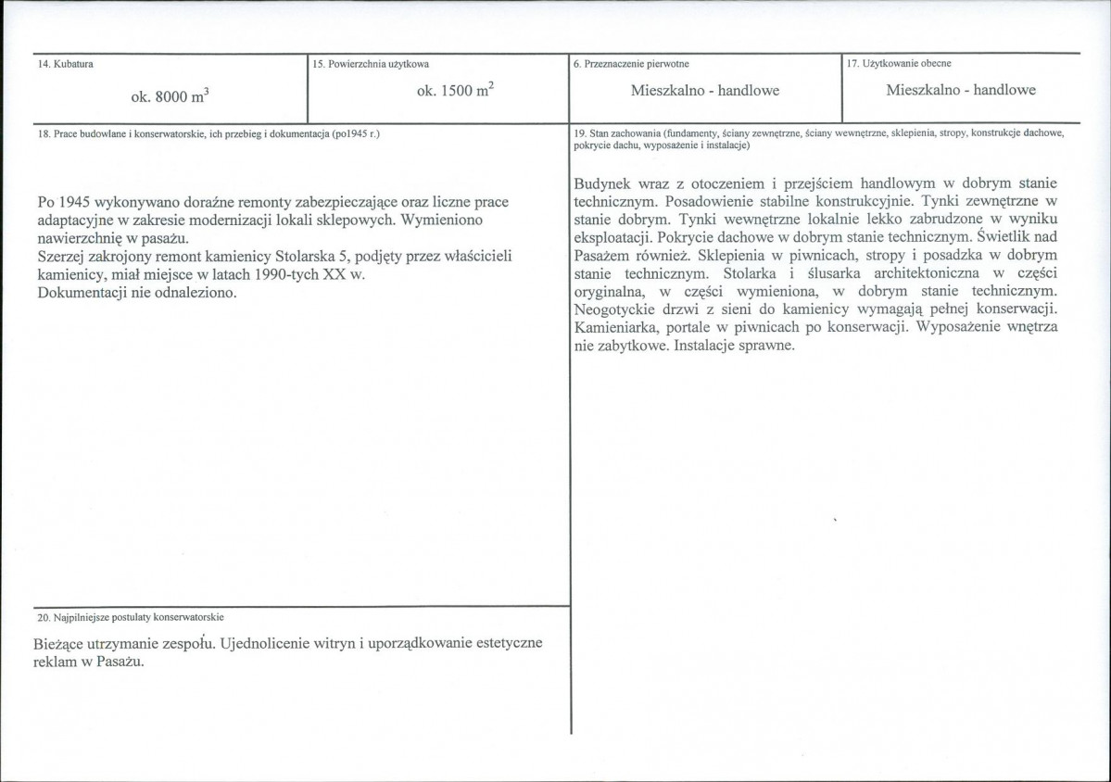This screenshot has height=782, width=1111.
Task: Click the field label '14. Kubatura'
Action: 58,64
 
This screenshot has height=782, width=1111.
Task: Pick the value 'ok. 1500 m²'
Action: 454,91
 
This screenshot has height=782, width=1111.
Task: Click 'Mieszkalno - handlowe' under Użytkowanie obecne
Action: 961,91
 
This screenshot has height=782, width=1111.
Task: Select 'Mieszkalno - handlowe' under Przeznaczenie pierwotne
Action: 704,91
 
